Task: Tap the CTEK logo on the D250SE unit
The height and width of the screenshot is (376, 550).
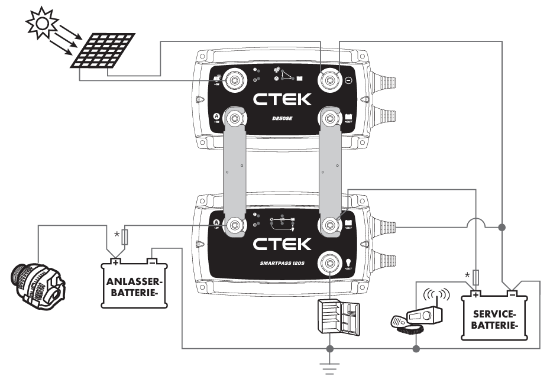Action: coord(283,99)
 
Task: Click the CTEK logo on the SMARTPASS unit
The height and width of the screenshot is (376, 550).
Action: coord(283,244)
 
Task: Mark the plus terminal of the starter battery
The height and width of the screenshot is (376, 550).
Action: coord(117,260)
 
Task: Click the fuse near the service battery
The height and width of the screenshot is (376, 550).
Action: coord(477,276)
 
